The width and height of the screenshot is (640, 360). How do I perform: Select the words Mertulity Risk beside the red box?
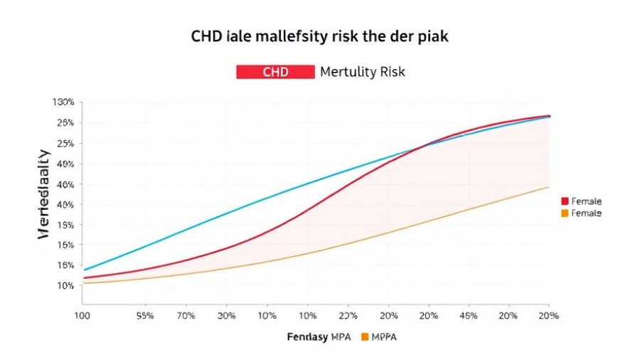[362, 72]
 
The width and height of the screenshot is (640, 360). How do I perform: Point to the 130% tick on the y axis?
[63, 102]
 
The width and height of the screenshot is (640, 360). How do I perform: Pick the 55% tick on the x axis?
[145, 314]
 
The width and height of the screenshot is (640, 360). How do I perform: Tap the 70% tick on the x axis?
[186, 314]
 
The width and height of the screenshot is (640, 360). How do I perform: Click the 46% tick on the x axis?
[468, 314]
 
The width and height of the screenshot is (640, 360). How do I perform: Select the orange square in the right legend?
[565, 213]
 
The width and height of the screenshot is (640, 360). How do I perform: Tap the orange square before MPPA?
[366, 336]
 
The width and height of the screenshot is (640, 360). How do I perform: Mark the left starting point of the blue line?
[85, 270]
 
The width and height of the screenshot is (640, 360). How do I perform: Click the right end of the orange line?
[548, 187]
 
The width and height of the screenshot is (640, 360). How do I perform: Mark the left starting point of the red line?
[85, 278]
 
